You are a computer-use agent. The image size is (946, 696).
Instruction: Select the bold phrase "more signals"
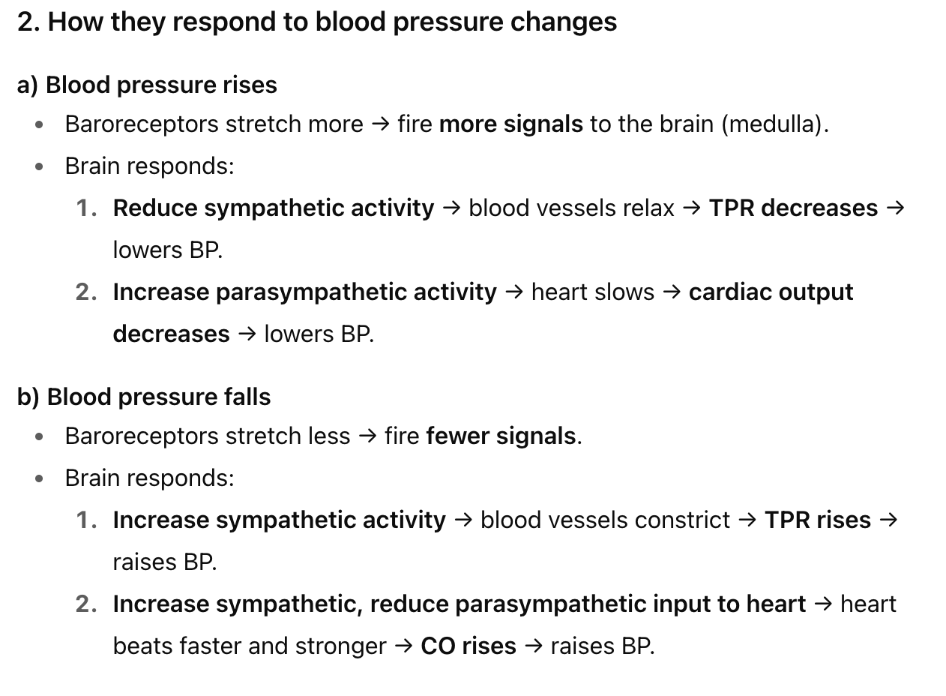pyautogui.click(x=510, y=124)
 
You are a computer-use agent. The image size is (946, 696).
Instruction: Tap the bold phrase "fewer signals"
pyautogui.click(x=501, y=436)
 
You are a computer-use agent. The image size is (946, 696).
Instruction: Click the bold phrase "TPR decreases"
pyautogui.click(x=793, y=208)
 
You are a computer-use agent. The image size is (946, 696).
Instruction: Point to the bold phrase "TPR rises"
pyautogui.click(x=817, y=520)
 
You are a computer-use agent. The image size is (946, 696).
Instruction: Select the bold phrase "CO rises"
pyautogui.click(x=469, y=646)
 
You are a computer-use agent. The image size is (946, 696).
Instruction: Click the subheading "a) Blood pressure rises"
pyautogui.click(x=147, y=85)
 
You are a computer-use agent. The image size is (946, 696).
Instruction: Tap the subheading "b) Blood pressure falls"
pyautogui.click(x=144, y=397)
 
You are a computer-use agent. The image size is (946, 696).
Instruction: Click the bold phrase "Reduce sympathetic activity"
pyautogui.click(x=274, y=208)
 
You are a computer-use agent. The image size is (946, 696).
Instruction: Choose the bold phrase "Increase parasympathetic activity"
pyautogui.click(x=304, y=292)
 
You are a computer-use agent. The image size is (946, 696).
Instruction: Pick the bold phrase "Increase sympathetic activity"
pyautogui.click(x=279, y=520)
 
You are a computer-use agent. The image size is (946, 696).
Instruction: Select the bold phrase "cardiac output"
pyautogui.click(x=771, y=292)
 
